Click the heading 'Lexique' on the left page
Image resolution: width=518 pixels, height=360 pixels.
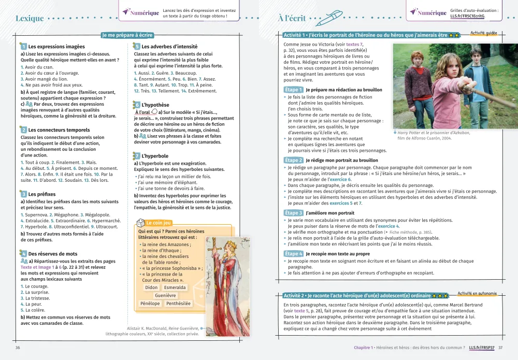click(x=30, y=18)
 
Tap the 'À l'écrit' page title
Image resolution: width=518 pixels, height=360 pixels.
click(x=292, y=18)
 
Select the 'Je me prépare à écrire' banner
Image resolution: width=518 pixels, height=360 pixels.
click(x=127, y=35)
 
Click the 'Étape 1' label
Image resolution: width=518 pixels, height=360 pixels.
click(x=294, y=90)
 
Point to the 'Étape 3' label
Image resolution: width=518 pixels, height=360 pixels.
click(x=294, y=213)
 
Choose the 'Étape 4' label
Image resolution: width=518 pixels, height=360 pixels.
click(x=294, y=254)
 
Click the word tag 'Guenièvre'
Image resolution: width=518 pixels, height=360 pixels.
click(x=165, y=295)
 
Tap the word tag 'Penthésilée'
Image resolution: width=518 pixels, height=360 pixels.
click(x=178, y=304)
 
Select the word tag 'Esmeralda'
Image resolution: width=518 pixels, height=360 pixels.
click(x=175, y=287)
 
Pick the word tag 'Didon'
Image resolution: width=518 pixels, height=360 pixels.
click(x=151, y=287)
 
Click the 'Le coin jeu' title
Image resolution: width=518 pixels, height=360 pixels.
click(x=159, y=223)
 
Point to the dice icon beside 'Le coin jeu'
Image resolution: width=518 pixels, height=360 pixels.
click(x=140, y=223)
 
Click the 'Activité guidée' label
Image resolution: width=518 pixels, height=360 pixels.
click(x=483, y=33)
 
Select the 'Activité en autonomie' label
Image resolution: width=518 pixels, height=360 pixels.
click(x=477, y=294)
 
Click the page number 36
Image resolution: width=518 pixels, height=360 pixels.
click(x=18, y=348)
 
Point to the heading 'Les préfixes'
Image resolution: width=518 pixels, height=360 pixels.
click(x=42, y=194)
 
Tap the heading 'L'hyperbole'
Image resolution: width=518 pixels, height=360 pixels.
click(x=156, y=156)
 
